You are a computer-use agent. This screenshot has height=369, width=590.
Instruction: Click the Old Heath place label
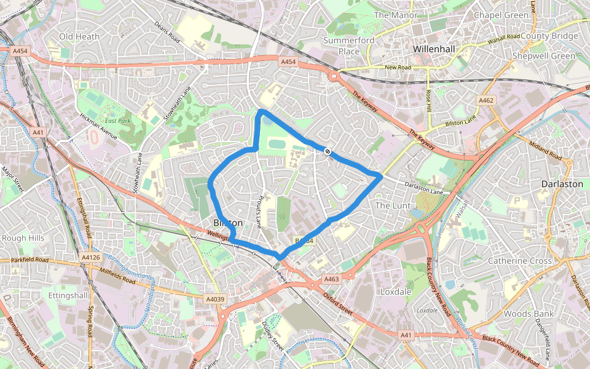coord(79,37)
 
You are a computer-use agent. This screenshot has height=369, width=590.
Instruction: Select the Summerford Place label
coord(348,46)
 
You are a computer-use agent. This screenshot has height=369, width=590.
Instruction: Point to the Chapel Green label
coord(501,15)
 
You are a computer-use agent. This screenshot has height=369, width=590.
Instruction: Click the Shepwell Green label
coord(546,56)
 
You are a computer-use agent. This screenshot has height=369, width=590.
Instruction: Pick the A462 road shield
coord(486,100)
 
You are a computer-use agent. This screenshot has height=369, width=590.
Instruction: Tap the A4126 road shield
coord(90,257)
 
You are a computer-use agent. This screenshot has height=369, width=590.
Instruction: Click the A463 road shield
coord(331,279)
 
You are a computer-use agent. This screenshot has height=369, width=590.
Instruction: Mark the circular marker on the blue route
coord(329,150)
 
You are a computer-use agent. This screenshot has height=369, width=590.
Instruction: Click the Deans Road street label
coord(167,33)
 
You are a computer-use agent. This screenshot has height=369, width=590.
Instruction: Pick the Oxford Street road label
coord(339,303)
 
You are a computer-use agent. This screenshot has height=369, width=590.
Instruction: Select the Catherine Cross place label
coord(519,261)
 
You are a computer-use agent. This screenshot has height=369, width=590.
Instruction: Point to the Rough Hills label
coord(23,238)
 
